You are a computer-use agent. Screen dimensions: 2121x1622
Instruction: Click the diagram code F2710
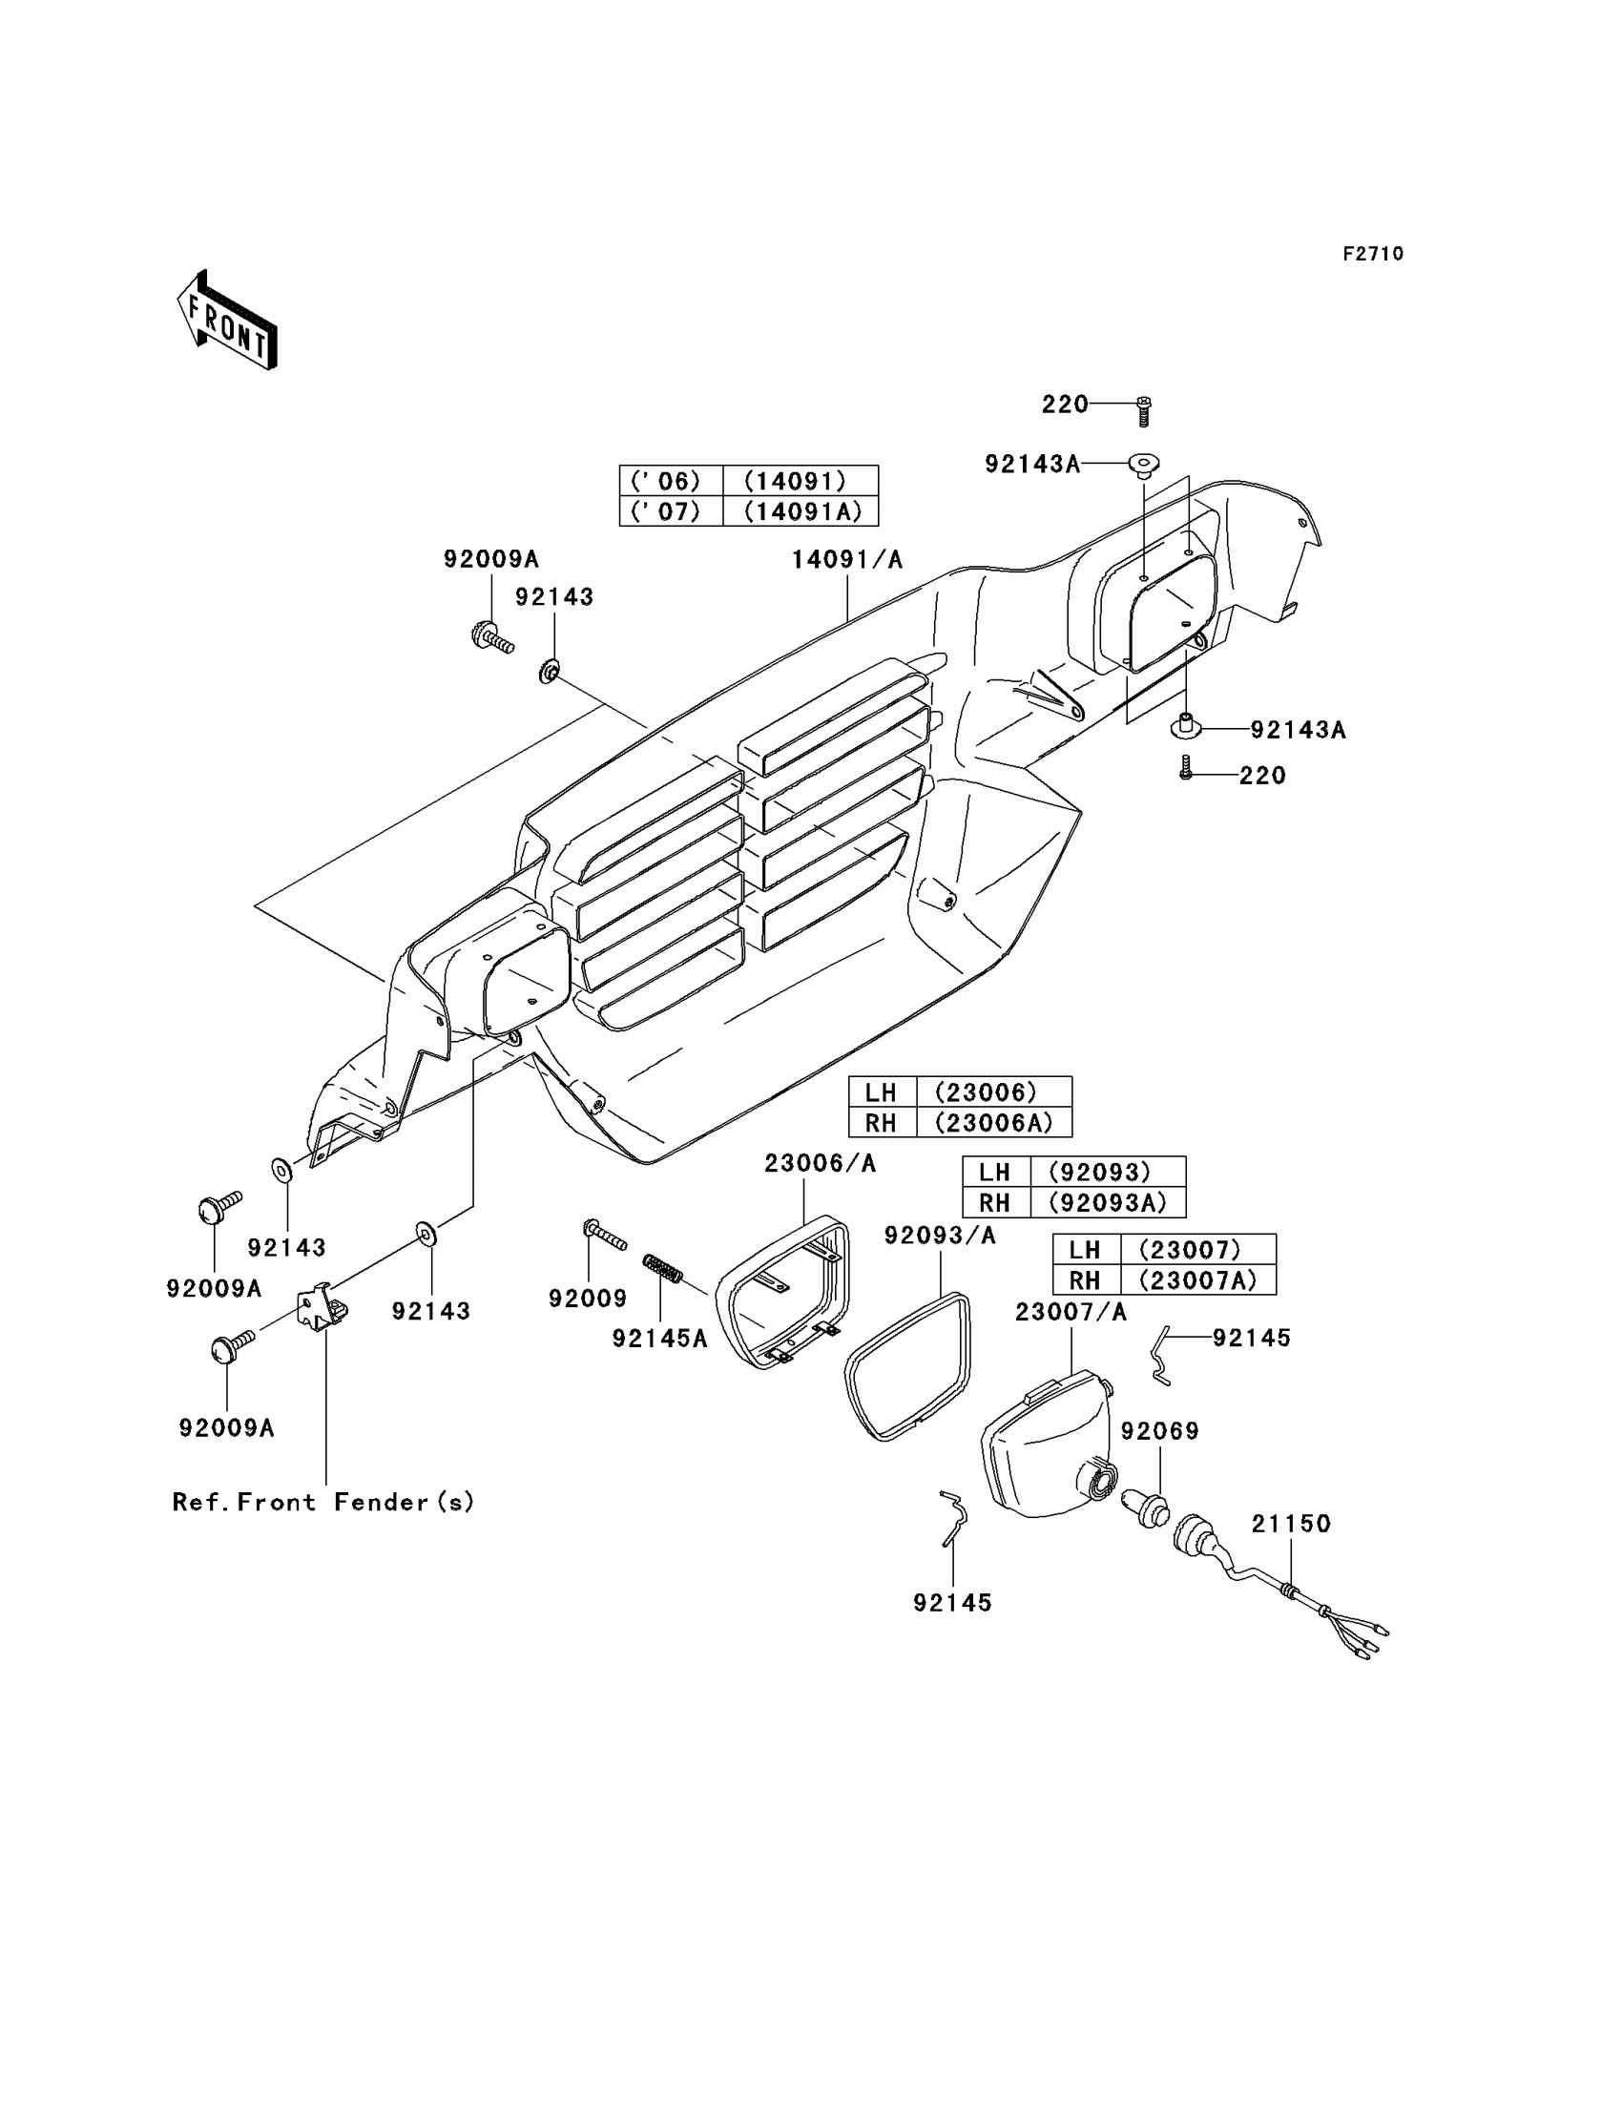coord(1372,254)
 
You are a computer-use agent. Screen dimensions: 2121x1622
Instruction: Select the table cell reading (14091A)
coord(801,511)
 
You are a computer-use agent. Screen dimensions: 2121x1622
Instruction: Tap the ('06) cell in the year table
coord(670,481)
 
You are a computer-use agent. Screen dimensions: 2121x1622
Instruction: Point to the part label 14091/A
coord(846,560)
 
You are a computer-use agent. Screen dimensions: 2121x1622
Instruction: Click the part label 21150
coord(1291,1524)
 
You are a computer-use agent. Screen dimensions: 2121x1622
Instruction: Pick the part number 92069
coord(1159,1431)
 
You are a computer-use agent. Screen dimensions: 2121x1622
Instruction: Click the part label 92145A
coord(659,1338)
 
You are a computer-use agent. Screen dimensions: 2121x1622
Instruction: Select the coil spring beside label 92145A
coord(663,1269)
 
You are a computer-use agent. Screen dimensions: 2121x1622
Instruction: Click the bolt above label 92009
coord(603,1233)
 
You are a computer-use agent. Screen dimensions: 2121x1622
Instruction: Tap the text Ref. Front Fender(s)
coord(322,1502)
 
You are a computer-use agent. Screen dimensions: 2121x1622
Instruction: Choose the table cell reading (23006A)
coord(993,1123)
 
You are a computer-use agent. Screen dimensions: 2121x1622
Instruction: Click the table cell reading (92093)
coord(1108,1172)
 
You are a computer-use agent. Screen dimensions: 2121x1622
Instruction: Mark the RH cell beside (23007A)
coord(1085,1280)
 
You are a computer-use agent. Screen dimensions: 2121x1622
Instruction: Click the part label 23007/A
coord(1071,1312)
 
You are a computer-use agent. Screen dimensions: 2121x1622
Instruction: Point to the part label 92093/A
coord(940,1236)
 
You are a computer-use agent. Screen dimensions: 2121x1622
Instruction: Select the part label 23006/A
coord(820,1164)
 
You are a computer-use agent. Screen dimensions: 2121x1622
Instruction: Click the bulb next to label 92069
coord(1145,1507)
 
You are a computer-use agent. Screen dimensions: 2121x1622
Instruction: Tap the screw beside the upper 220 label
coord(1144,411)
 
